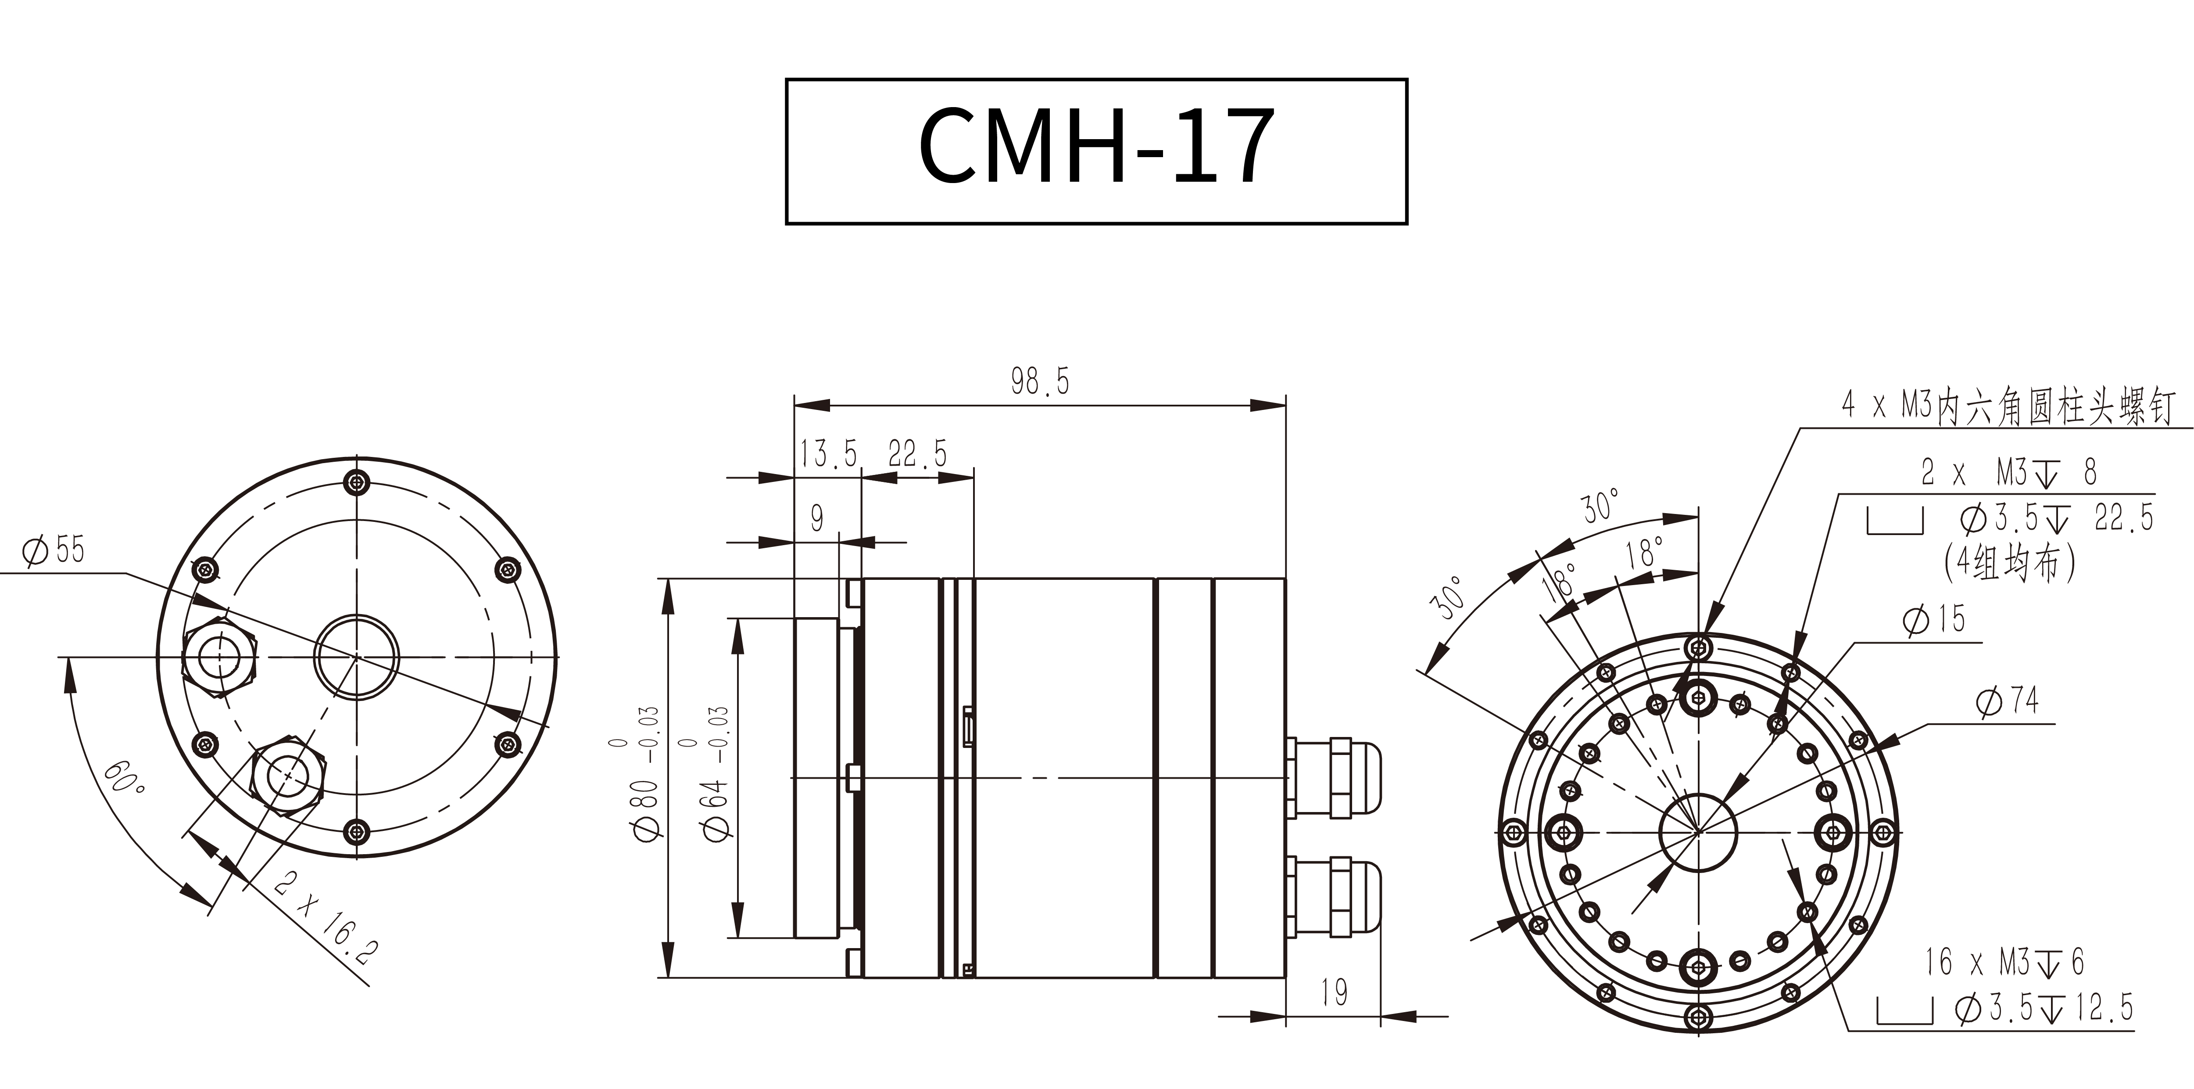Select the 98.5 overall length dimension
pyautogui.click(x=1039, y=382)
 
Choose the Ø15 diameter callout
pyautogui.click(x=1933, y=619)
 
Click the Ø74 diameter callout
pyautogui.click(x=2007, y=701)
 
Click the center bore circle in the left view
pyautogui.click(x=357, y=657)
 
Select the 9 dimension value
pyautogui.click(x=817, y=517)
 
